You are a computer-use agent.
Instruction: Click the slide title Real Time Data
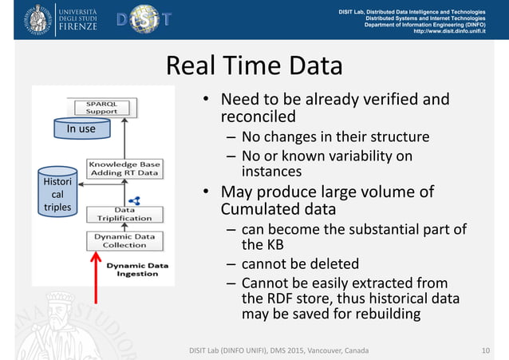pyautogui.click(x=254, y=66)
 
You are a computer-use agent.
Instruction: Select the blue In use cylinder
pyautogui.click(x=81, y=128)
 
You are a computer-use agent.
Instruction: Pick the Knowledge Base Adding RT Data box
pyautogui.click(x=124, y=168)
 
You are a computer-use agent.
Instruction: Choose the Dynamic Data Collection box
pyautogui.click(x=124, y=240)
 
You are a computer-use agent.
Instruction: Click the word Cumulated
pyautogui.click(x=255, y=210)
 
